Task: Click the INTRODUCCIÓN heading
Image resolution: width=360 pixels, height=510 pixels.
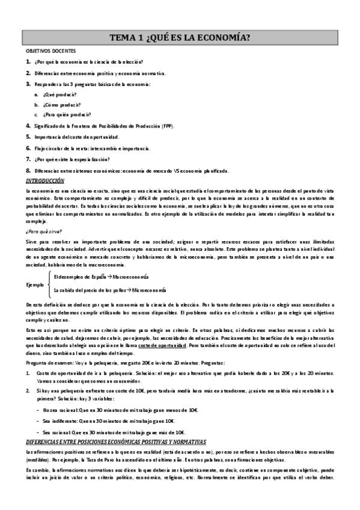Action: pos(44,181)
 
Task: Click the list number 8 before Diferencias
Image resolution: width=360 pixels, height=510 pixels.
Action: pos(28,170)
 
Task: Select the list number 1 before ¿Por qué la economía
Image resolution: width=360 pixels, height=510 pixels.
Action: pos(28,62)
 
